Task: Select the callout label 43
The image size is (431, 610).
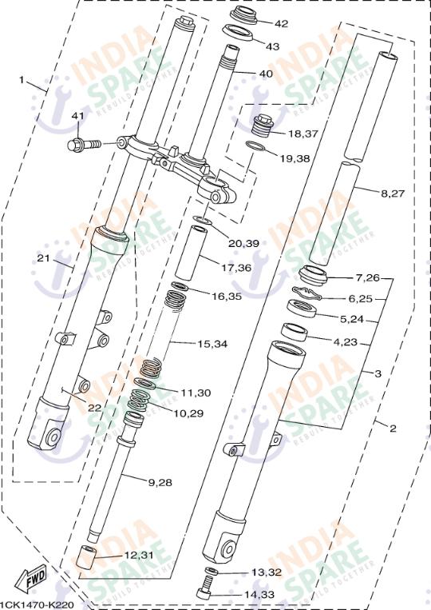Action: click(x=272, y=46)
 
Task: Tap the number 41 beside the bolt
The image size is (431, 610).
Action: click(x=77, y=117)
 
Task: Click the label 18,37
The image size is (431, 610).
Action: click(x=303, y=134)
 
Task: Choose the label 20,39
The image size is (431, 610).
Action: click(x=243, y=243)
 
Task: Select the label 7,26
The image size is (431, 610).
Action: click(x=368, y=278)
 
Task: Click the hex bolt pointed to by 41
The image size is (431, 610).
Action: click(x=81, y=146)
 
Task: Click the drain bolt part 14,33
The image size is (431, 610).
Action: click(x=206, y=592)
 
